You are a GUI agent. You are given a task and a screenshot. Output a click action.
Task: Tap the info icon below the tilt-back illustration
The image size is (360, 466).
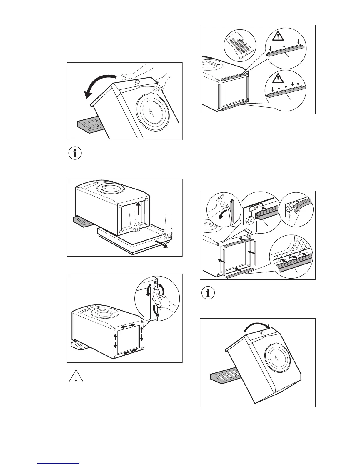(x=75, y=154)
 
